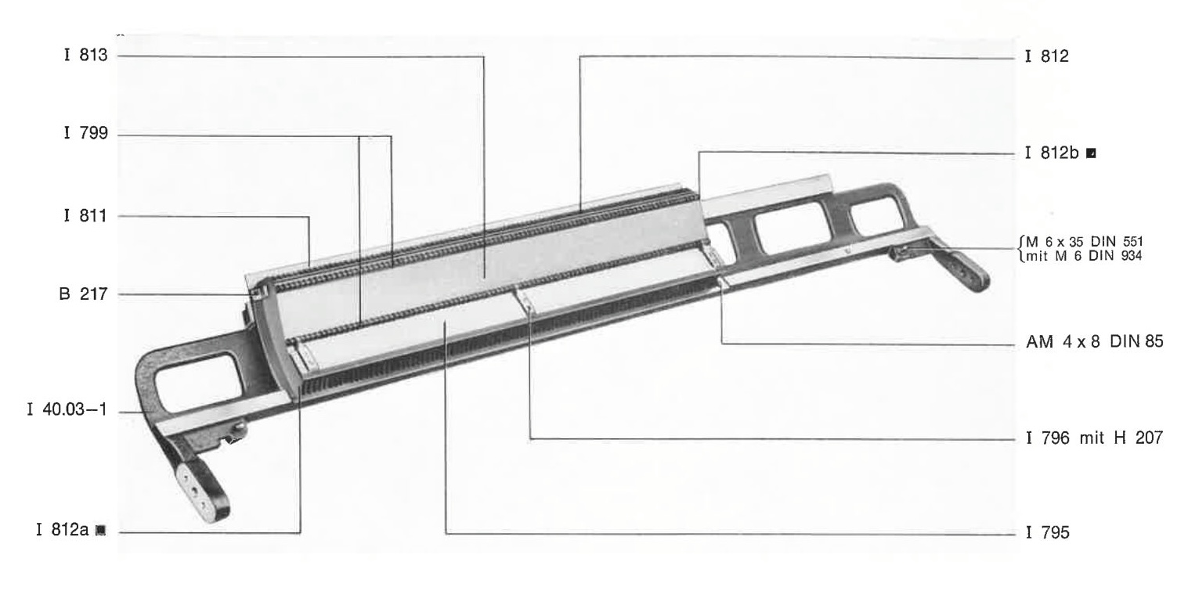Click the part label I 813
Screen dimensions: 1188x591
pos(85,55)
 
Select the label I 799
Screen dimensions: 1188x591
pos(85,132)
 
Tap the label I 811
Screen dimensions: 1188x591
pos(85,216)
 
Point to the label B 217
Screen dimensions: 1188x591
pos(83,294)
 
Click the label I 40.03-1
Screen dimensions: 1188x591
pos(67,409)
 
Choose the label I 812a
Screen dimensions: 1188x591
pos(62,529)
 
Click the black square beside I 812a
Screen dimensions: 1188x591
pos(100,530)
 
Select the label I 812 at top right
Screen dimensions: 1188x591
pos(1047,56)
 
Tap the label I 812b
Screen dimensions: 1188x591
pos(1052,153)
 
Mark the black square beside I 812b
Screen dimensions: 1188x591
pos(1091,153)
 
